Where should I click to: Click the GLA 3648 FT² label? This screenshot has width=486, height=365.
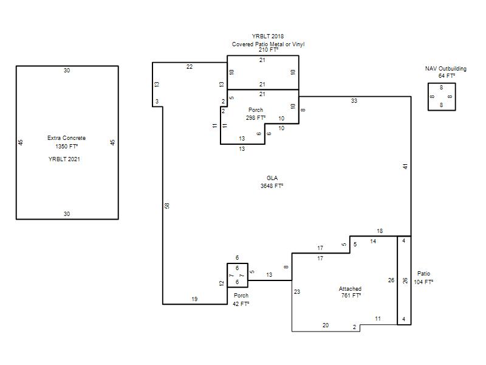272,182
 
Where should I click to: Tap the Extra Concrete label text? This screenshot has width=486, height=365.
66,138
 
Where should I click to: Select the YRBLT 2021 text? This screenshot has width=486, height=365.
64,159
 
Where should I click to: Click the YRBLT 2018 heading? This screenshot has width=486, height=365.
268,36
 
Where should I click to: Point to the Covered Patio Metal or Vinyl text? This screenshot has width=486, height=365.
268,44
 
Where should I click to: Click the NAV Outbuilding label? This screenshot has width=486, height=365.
446,69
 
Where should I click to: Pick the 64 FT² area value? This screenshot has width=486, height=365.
447,75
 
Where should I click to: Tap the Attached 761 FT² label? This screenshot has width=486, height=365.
351,292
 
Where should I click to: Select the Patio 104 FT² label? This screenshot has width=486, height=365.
423,278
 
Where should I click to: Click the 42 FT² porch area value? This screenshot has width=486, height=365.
241,304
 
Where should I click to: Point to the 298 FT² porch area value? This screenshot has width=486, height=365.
256,118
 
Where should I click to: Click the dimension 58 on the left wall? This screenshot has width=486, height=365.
167,206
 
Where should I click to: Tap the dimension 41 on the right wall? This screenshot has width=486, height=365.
405,166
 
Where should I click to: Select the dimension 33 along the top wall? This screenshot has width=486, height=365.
354,101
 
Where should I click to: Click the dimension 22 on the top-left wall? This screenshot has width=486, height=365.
190,67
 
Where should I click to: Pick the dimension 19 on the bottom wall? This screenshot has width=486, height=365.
194,299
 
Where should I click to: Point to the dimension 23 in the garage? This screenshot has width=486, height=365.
297,292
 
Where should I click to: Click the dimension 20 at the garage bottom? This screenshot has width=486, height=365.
326,325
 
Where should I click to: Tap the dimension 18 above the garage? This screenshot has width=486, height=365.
380,231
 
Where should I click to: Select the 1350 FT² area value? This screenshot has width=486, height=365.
67,146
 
